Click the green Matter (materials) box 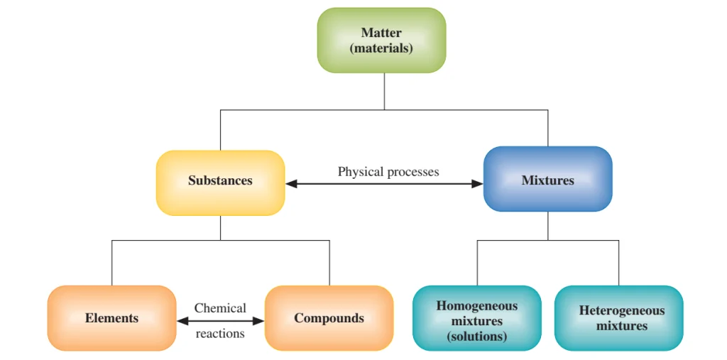[381, 40]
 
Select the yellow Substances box [220, 182]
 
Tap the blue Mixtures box [547, 180]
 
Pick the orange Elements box [111, 318]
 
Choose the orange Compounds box [329, 318]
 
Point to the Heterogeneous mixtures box [619, 318]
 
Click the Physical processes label [388, 172]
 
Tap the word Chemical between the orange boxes [220, 308]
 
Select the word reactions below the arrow [220, 333]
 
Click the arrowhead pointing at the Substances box [291, 184]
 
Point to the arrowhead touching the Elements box [182, 321]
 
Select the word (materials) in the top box [381, 49]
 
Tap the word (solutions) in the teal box [476, 337]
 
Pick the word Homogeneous [476, 306]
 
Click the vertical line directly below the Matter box [384, 91]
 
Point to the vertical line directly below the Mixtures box [547, 226]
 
